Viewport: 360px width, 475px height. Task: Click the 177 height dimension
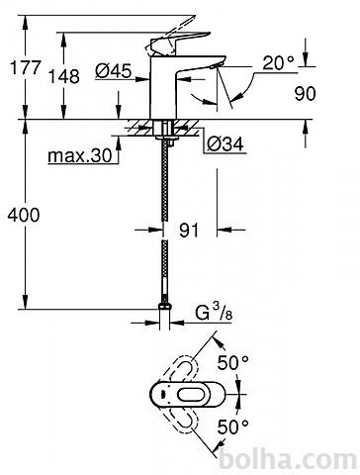point(25,68)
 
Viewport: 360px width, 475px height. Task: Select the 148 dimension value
point(64,76)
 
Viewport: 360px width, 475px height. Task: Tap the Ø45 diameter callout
point(114,70)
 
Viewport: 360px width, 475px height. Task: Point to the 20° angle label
point(278,62)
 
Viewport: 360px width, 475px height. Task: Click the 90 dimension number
point(305,94)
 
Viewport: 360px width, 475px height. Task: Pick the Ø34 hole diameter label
point(225,144)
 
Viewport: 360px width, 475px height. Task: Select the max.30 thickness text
point(80,155)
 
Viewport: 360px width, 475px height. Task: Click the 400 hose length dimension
point(24,215)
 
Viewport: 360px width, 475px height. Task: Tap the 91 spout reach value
point(189,230)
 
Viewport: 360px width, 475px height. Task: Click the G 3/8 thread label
point(214,313)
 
